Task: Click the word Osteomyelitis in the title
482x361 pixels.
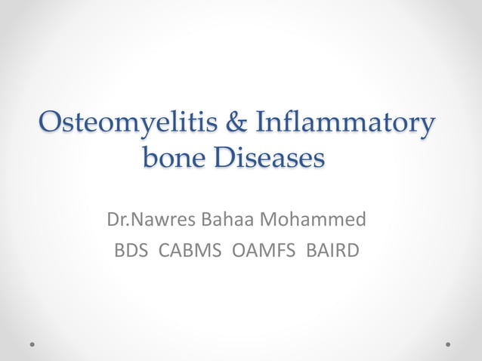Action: pos(117,122)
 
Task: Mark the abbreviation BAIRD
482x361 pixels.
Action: pos(332,249)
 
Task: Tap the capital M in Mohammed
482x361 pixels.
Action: pos(270,221)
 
